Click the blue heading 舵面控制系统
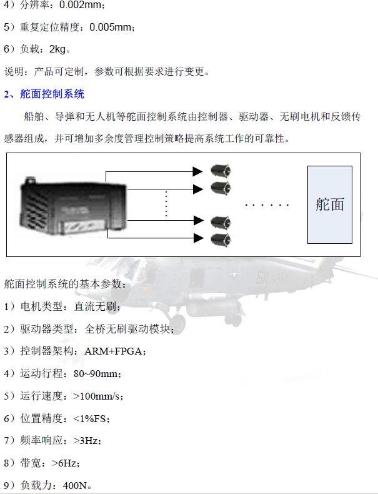click(52, 94)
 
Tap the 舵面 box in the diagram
click(329, 204)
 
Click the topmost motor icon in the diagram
click(221, 171)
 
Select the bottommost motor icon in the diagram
click(221, 239)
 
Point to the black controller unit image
click(73, 206)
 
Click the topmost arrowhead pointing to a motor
click(197, 172)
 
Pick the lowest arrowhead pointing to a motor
click(198, 238)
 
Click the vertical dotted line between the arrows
click(166, 204)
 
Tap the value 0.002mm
click(80, 5)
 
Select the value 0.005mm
click(111, 27)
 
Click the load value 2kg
click(57, 49)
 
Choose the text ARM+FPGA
click(113, 351)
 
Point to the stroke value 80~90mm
click(96, 374)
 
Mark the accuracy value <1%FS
click(90, 419)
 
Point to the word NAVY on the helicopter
click(279, 278)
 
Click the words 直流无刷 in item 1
click(95, 306)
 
